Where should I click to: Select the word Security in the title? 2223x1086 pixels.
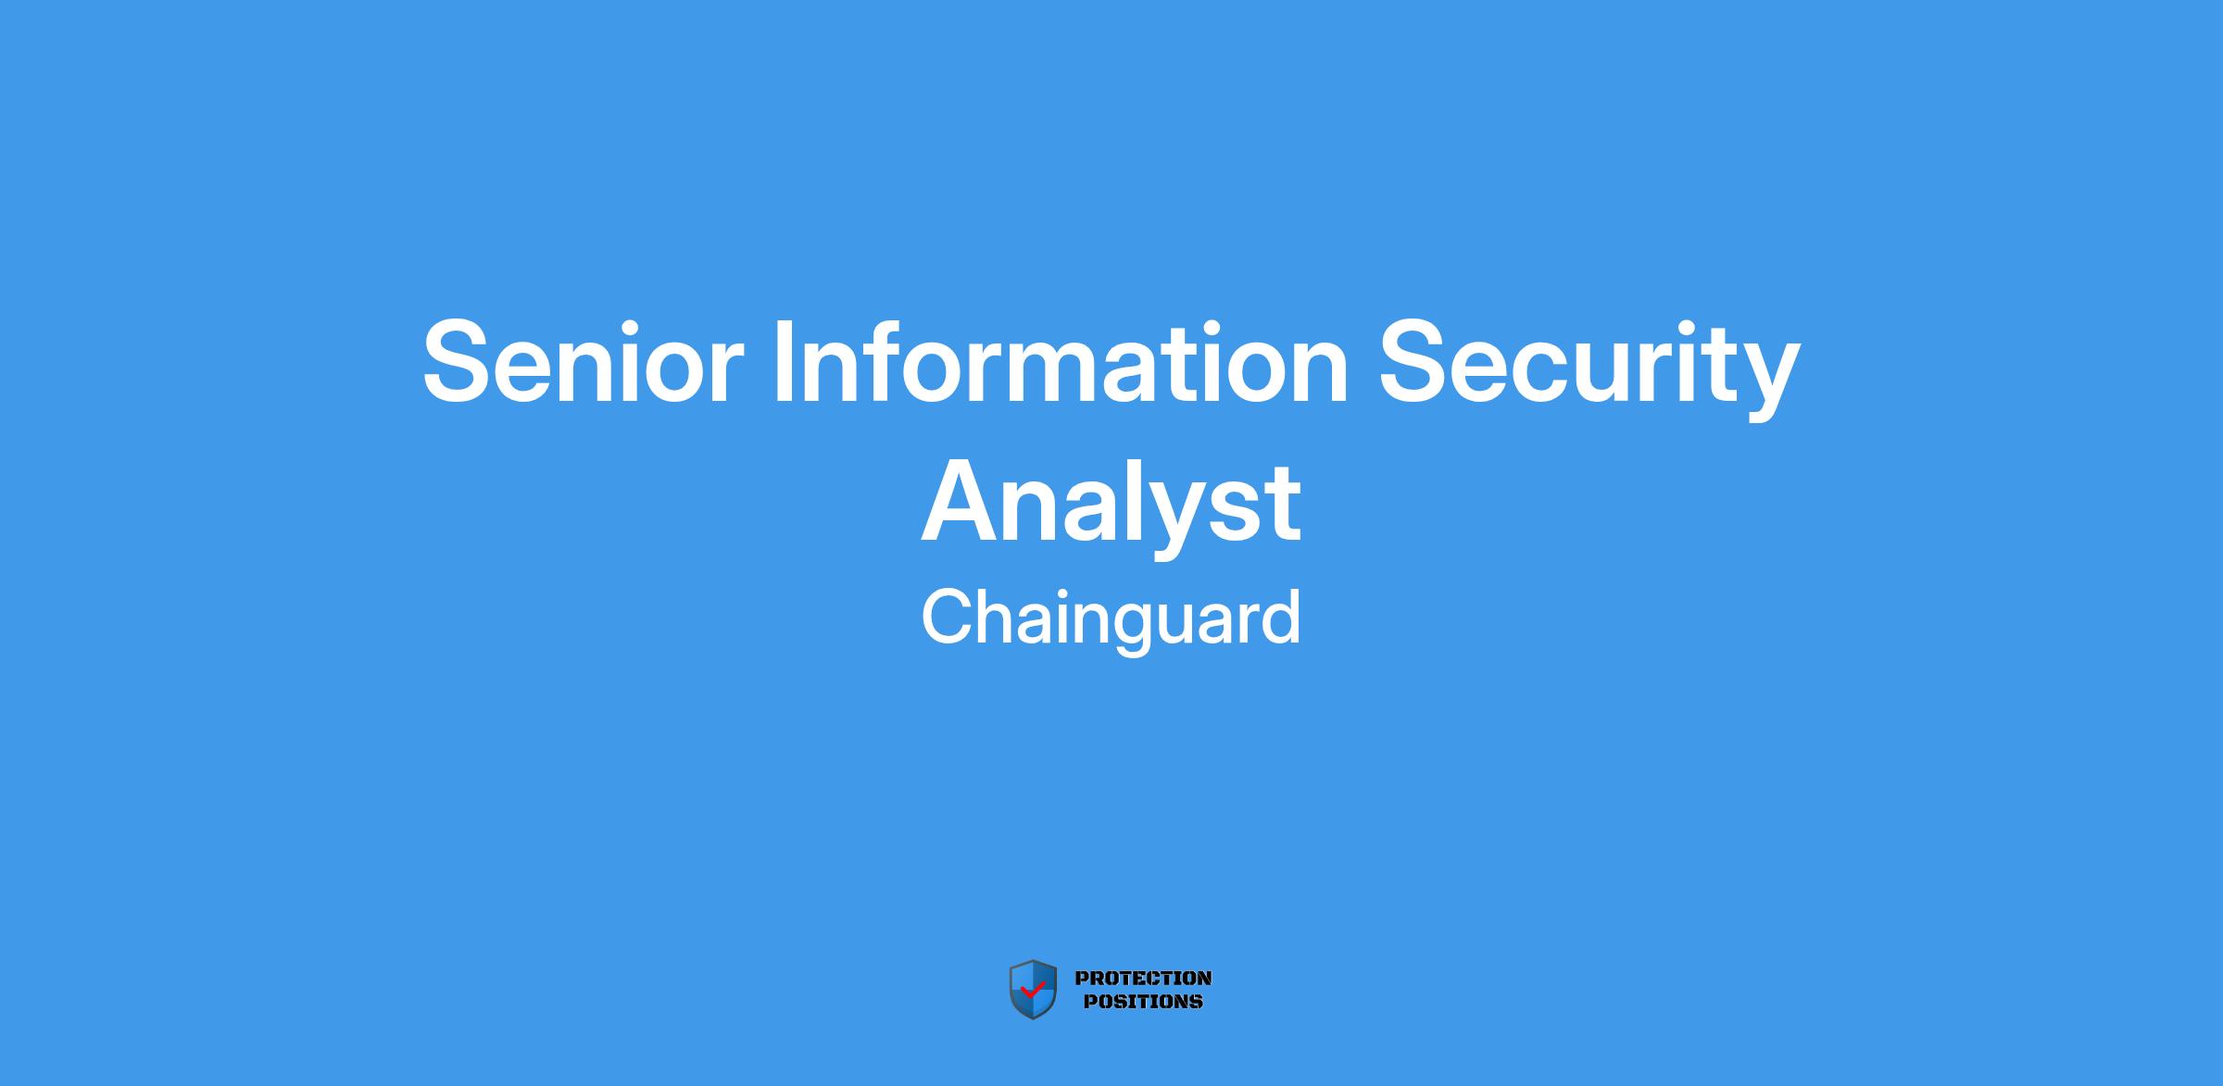1589,369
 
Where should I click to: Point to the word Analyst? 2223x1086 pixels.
1111,507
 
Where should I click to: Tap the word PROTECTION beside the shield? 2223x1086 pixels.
1143,978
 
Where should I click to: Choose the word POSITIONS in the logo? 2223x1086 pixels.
1143,1001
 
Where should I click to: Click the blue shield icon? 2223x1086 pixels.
1033,989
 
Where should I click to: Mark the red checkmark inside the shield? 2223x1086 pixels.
1032,989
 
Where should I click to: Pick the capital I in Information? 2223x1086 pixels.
783,361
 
